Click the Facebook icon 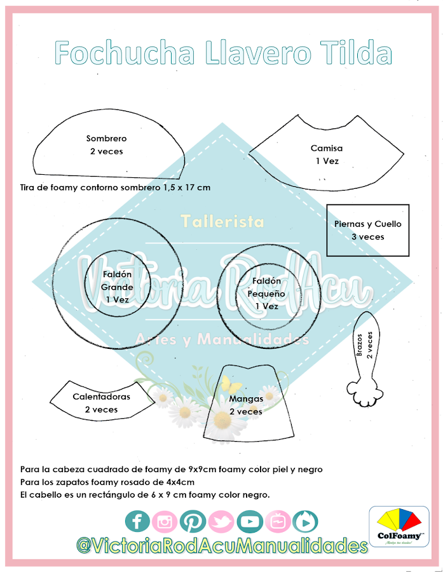137,522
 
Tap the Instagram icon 165,522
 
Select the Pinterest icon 192,522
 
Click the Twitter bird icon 221,522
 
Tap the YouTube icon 249,522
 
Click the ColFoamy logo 399,526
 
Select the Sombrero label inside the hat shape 106,139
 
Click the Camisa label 327,148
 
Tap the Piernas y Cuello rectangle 368,229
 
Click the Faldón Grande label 117,287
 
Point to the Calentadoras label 101,397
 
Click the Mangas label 245,399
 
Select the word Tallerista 222,222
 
